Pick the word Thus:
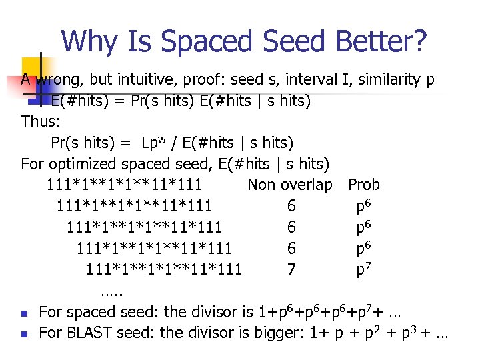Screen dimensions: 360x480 41,121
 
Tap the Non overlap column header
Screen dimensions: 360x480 289,185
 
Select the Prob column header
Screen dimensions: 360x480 364,185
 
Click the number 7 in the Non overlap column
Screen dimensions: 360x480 291,269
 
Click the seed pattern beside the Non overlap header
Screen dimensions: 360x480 125,185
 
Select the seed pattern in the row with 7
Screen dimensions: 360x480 163,269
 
